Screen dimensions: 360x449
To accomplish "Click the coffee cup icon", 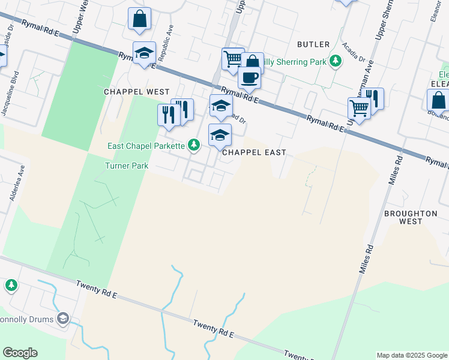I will [x=249, y=77].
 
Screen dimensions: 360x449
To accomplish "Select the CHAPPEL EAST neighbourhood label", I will [x=254, y=153].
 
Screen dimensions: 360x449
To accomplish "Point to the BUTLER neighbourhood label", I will [x=313, y=44].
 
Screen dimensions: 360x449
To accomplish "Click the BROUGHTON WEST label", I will [x=411, y=217].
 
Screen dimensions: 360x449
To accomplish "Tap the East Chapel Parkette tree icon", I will [x=194, y=145].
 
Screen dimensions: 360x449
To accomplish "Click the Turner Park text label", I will [x=127, y=166].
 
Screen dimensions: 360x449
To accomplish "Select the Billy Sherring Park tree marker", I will [x=336, y=61].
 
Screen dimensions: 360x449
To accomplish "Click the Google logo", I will [x=20, y=352].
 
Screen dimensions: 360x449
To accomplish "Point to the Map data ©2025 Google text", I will [x=411, y=355].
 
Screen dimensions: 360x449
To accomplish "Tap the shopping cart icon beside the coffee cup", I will [x=232, y=59].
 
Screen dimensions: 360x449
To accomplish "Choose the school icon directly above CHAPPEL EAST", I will [x=220, y=135].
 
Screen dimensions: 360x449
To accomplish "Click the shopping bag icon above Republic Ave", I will [x=139, y=18].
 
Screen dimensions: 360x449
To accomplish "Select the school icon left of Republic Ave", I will [x=144, y=53].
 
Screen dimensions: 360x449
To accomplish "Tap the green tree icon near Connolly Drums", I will [x=11, y=285].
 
